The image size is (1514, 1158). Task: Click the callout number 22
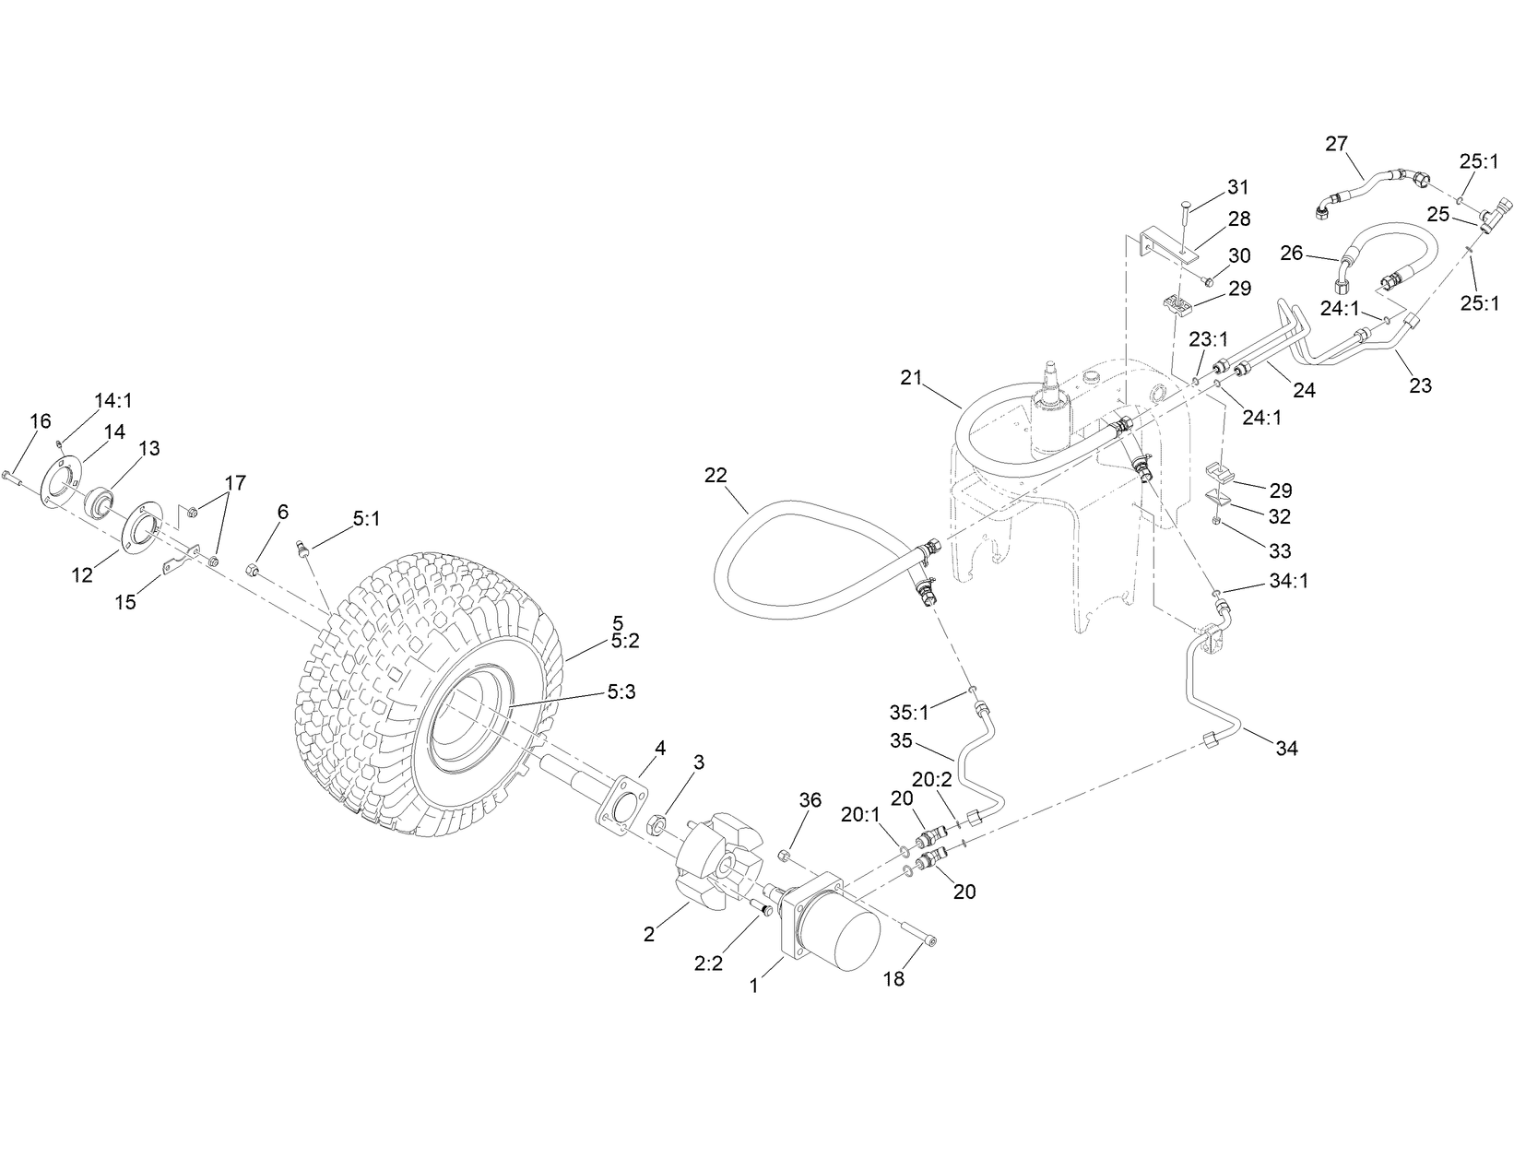(716, 476)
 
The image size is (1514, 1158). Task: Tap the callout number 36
(810, 800)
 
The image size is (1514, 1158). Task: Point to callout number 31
(1238, 187)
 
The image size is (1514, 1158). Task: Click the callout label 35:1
(909, 712)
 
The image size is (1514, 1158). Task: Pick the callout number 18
(893, 978)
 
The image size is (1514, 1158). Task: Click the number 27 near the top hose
(1336, 143)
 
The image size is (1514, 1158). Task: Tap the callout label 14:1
(113, 399)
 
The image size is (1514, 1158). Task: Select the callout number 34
(1286, 749)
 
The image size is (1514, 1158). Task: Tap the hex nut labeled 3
(659, 822)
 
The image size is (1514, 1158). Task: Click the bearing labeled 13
(101, 503)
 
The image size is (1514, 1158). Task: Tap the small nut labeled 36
(784, 857)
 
